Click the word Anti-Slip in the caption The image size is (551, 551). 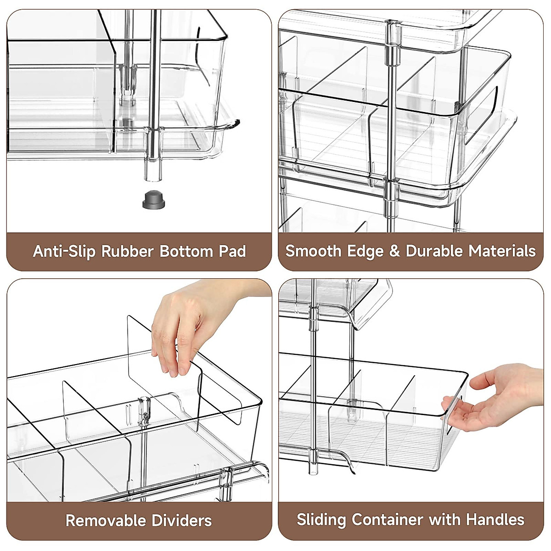tap(65, 251)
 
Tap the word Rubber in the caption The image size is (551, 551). tap(127, 251)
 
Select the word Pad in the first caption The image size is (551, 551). tap(232, 251)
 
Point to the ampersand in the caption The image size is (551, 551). tap(394, 251)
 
